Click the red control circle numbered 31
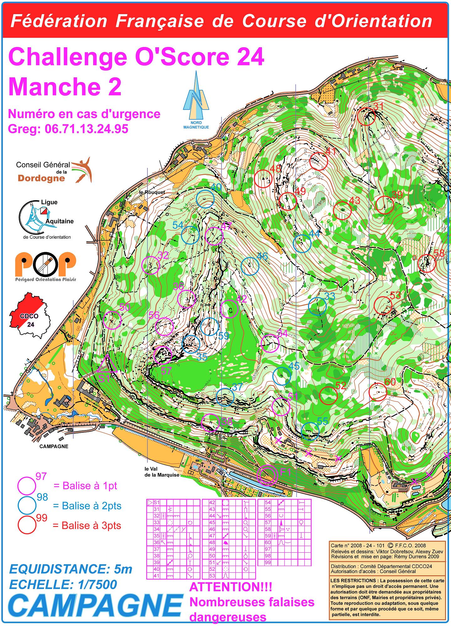[x=366, y=117]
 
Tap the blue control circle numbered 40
[x=205, y=199]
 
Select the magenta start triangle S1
[x=107, y=364]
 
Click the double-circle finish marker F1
[x=267, y=475]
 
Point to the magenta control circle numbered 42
[x=229, y=309]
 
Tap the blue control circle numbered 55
[x=310, y=431]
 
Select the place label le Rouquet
[x=152, y=192]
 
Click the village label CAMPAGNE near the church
[x=54, y=446]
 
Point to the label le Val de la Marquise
[x=162, y=472]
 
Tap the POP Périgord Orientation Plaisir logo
[x=46, y=266]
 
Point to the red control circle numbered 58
[x=427, y=263]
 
